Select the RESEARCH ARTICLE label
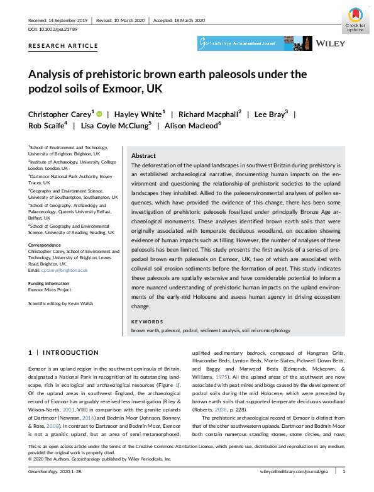[x=63, y=46]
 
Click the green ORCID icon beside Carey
[x=99, y=114]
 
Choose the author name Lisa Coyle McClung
[x=116, y=125]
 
